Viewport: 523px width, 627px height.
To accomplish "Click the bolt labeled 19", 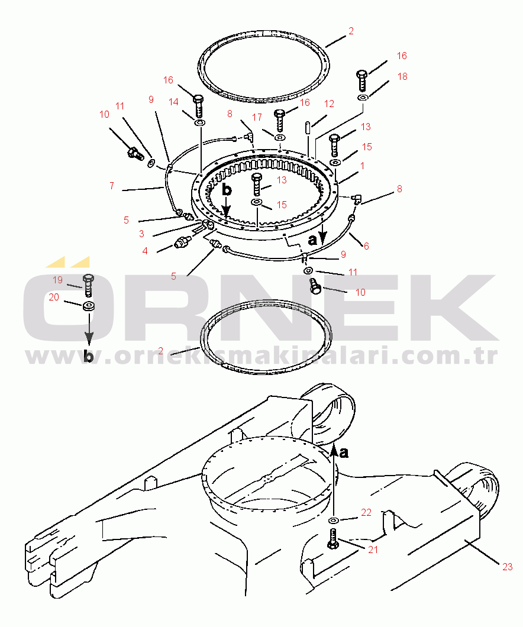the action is (88, 285).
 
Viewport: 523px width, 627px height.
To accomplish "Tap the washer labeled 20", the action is (88, 307).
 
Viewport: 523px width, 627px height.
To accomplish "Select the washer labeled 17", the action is (279, 138).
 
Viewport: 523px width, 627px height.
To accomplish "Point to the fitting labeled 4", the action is (183, 242).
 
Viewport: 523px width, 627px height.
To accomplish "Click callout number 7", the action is (112, 186).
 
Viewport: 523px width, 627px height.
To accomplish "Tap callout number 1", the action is (362, 166).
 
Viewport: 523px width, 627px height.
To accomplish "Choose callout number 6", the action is (366, 246).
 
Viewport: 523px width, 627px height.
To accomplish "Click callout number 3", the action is (141, 234).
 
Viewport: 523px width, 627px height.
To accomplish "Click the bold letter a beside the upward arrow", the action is (344, 453).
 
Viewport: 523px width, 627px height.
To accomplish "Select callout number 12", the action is (329, 104).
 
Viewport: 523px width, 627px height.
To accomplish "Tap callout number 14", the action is (173, 102).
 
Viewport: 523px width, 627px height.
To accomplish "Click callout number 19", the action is (58, 280).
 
